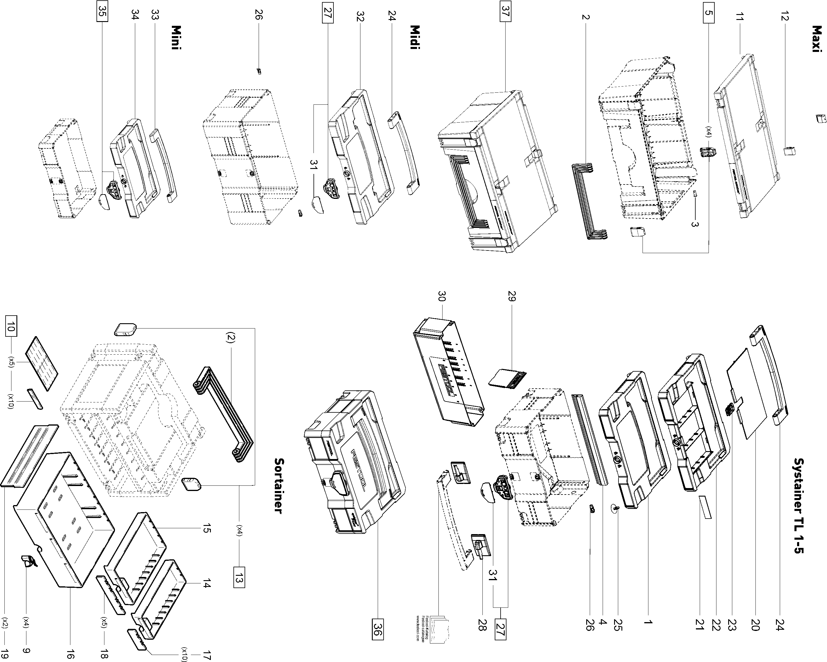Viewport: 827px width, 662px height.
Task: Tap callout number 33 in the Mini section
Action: coord(155,15)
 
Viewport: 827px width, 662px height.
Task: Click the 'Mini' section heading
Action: coord(176,37)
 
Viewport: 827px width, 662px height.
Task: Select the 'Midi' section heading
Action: coord(415,37)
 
